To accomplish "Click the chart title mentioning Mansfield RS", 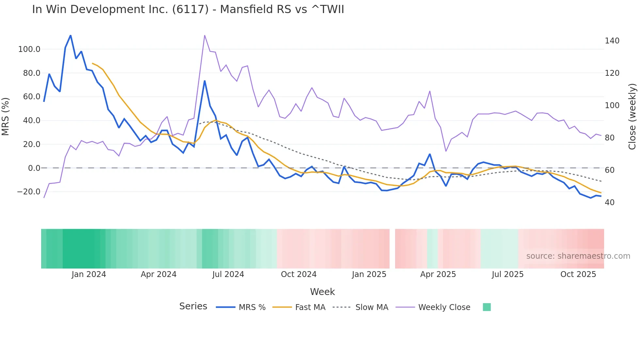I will [x=188, y=9].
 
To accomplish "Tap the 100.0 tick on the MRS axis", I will [x=29, y=49].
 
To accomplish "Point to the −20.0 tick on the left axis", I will [x=28, y=192].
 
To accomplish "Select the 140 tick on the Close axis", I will [x=612, y=41].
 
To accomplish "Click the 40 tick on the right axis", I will [x=609, y=203].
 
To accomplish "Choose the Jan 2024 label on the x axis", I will [x=89, y=274].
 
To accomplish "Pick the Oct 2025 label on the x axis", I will [x=578, y=274].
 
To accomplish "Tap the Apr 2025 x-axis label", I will [x=438, y=274].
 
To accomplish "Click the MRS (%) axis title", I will [x=5, y=117].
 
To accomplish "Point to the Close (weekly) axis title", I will [x=632, y=117].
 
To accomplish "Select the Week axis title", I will [x=322, y=292].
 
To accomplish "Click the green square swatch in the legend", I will [x=487, y=307].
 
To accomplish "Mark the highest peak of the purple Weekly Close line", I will [x=204, y=35].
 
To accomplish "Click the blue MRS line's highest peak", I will [x=71, y=35].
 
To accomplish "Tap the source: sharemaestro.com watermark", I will [x=578, y=256].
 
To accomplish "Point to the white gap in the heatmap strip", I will [x=392, y=249].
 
